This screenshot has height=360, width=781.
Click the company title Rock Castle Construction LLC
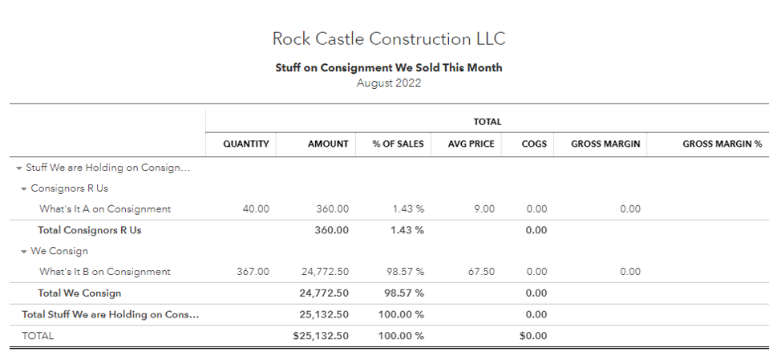pyautogui.click(x=389, y=38)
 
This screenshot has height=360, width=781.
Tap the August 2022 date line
pyautogui.click(x=389, y=83)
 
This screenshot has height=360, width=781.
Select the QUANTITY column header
pyautogui.click(x=245, y=144)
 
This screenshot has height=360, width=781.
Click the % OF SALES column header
pyautogui.click(x=398, y=144)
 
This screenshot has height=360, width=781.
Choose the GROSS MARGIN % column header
pyautogui.click(x=722, y=144)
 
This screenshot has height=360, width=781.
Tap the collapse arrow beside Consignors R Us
pyautogui.click(x=24, y=189)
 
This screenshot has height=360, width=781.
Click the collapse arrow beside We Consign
pyautogui.click(x=24, y=252)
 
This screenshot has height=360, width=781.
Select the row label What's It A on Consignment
pyautogui.click(x=105, y=209)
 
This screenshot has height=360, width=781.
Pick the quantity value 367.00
pyautogui.click(x=253, y=272)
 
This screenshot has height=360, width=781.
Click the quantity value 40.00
pyautogui.click(x=256, y=209)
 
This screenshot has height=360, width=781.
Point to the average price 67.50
pyautogui.click(x=481, y=272)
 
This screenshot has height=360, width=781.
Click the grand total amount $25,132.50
pyautogui.click(x=321, y=336)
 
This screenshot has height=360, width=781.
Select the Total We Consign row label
pyautogui.click(x=79, y=293)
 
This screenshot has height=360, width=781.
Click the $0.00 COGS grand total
pyautogui.click(x=533, y=336)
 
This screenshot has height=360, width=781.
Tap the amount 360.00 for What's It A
pyautogui.click(x=332, y=209)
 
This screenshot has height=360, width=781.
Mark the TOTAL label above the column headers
pyautogui.click(x=488, y=122)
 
